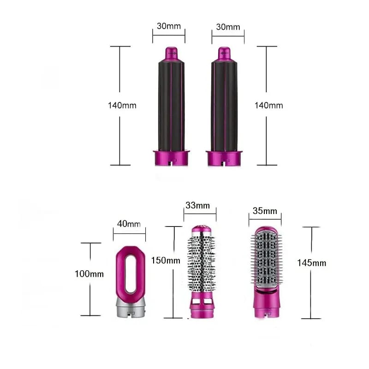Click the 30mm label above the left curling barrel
click(x=168, y=26)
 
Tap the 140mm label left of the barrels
click(x=122, y=105)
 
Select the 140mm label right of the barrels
click(x=269, y=105)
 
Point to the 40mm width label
click(x=129, y=224)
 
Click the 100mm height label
click(x=89, y=274)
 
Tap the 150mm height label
click(x=166, y=261)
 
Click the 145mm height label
click(x=312, y=263)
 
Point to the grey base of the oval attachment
click(x=130, y=307)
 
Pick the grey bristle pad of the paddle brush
click(x=265, y=261)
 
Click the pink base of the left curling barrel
click(x=171, y=158)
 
